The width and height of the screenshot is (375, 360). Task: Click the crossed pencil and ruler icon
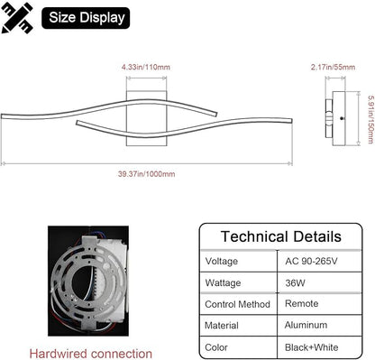tap(17, 18)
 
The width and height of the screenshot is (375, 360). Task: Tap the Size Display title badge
tap(86, 18)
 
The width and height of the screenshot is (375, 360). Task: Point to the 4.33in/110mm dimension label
tap(146, 67)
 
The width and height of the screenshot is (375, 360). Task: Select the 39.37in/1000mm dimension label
tap(146, 174)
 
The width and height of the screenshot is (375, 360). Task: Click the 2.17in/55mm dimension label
tap(333, 67)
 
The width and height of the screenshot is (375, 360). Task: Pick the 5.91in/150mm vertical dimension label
tap(370, 119)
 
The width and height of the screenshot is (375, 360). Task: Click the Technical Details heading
tap(281, 236)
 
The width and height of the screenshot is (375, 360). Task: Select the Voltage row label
tap(222, 261)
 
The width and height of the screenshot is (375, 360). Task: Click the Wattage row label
tap(223, 283)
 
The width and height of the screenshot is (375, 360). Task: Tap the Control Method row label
tap(237, 304)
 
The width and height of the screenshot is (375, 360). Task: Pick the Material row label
tap(222, 326)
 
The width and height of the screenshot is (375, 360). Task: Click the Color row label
tap(216, 347)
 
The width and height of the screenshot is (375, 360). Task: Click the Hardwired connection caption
tap(90, 354)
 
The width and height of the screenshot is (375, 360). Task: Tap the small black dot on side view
tap(342, 118)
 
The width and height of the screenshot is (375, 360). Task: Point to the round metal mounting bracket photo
tap(88, 281)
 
